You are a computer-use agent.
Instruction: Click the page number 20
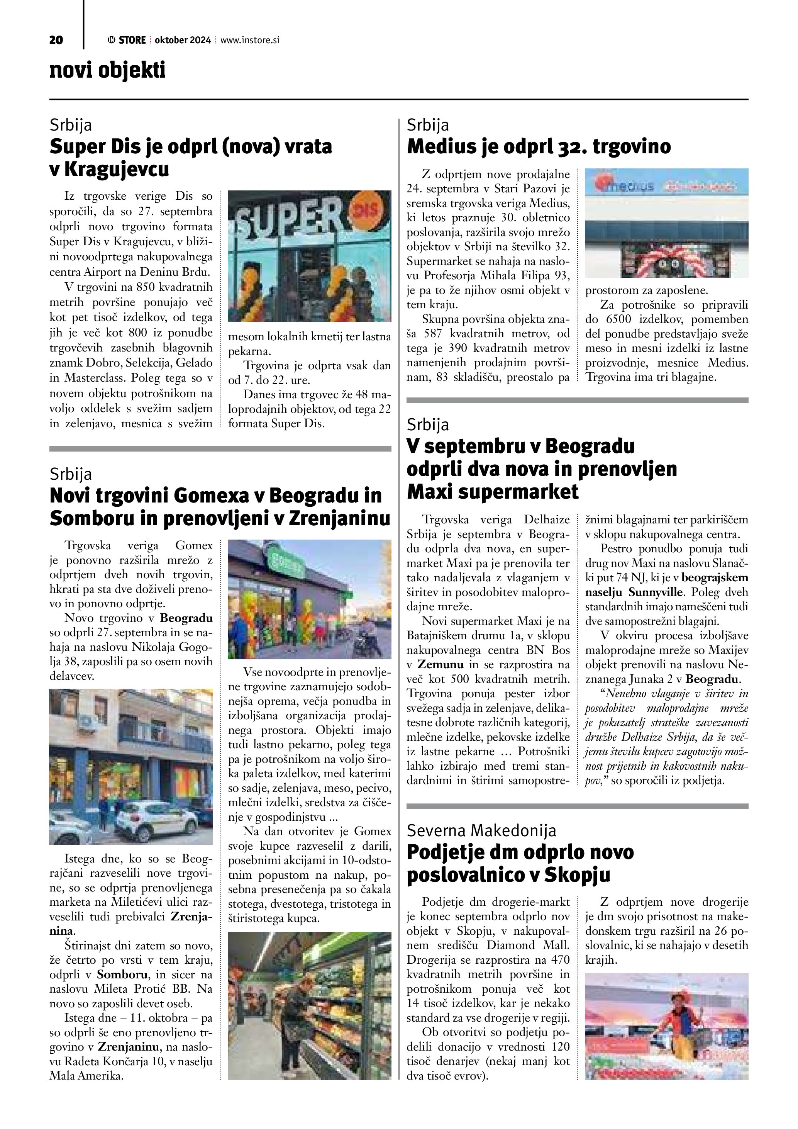[56, 40]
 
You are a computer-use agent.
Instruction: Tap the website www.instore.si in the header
[250, 40]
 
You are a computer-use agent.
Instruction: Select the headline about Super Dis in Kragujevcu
[191, 157]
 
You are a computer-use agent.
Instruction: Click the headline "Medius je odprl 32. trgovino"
[539, 146]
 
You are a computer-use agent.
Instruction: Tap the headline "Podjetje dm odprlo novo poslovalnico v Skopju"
[520, 864]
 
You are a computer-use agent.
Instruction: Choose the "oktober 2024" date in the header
[183, 40]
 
